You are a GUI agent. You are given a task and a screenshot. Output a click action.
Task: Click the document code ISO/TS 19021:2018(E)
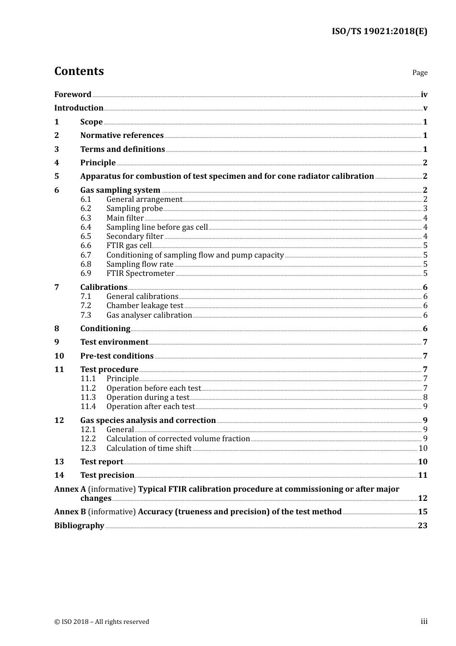[379, 31]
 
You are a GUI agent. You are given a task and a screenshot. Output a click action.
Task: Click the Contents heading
[79, 71]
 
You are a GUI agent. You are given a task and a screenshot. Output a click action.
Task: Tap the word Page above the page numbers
[420, 73]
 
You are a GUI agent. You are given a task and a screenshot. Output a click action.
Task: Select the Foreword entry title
[72, 94]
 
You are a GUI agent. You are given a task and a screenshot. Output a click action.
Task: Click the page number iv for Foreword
[424, 95]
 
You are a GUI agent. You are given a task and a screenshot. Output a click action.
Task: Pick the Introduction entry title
[79, 108]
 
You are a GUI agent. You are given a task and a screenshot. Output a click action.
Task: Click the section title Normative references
[122, 135]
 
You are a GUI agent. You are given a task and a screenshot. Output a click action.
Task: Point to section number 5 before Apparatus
[57, 176]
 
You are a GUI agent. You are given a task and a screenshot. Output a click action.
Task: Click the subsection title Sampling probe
[134, 208]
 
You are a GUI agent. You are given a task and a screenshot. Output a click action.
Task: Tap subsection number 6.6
[86, 245]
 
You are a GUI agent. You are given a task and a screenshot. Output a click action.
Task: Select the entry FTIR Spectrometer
[140, 273]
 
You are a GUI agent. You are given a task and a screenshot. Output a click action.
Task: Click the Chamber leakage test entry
[144, 305]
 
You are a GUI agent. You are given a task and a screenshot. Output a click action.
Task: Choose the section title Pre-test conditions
[117, 356]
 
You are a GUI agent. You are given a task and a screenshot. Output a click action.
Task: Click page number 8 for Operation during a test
[425, 397]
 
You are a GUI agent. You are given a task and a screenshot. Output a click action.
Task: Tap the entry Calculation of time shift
[149, 448]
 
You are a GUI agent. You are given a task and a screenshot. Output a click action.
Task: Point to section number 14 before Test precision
[59, 475]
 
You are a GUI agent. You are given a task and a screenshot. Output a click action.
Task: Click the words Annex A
[66, 489]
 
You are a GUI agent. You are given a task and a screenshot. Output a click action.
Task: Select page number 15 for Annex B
[422, 511]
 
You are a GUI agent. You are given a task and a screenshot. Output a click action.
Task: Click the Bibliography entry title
[79, 525]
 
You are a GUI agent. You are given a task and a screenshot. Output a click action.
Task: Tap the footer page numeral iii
[424, 621]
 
